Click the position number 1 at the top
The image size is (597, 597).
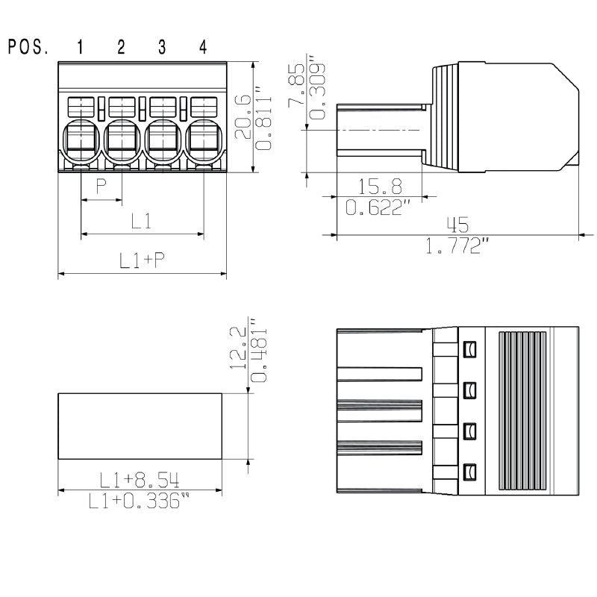click(80, 48)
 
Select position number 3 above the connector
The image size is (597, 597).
click(162, 48)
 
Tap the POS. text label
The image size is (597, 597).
click(28, 48)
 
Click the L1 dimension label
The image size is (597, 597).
click(142, 221)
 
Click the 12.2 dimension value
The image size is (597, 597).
click(238, 347)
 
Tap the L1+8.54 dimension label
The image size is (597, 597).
click(140, 478)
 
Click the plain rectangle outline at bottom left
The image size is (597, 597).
click(140, 427)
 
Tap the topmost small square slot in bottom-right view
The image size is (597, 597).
click(469, 348)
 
